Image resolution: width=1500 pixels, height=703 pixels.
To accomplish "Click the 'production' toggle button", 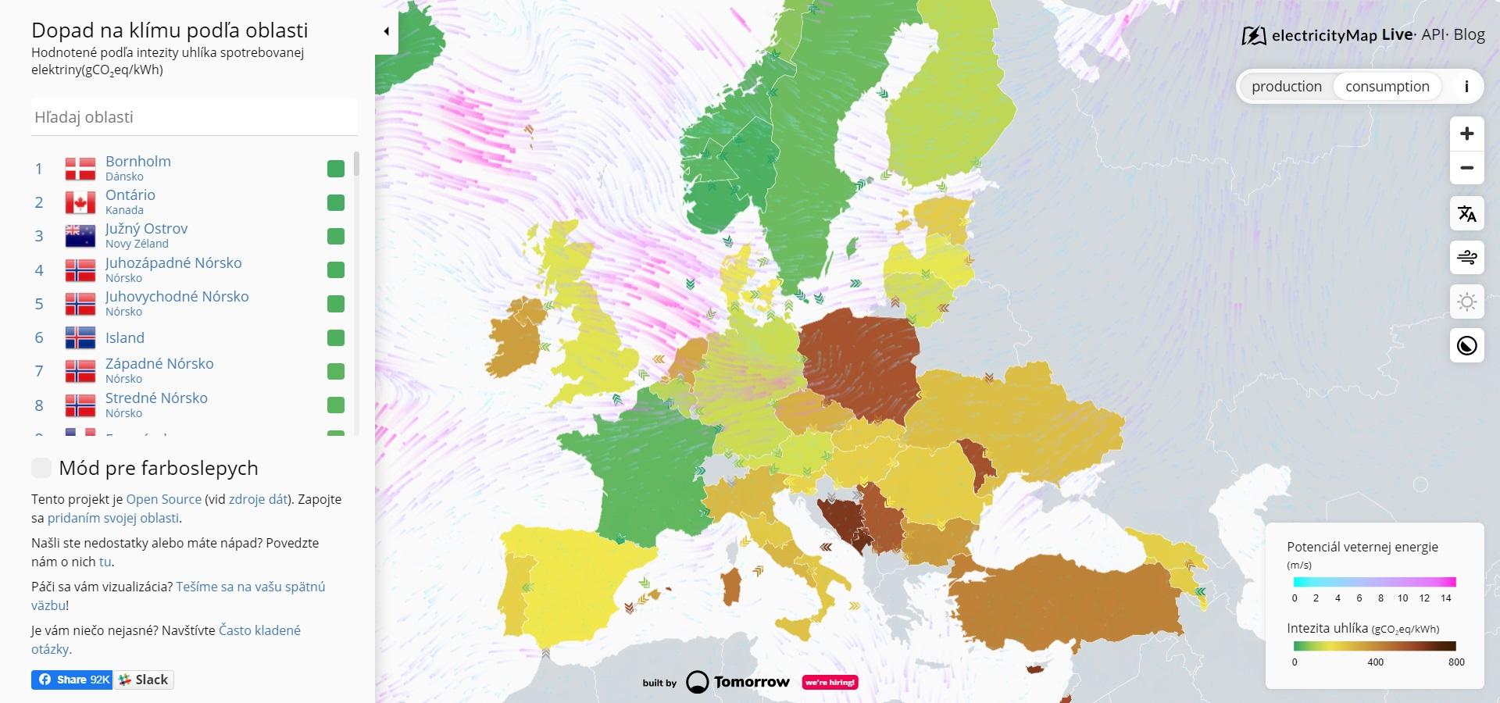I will coord(1286,87).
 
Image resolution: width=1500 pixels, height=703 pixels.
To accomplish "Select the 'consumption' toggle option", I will coord(1387,87).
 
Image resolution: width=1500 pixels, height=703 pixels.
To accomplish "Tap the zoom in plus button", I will coord(1466,134).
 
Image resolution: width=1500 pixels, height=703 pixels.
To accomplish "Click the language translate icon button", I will coord(1466,213).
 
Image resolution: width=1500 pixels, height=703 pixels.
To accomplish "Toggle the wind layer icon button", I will coord(1466,257).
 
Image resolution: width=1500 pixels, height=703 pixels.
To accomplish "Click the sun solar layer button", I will coord(1466,302).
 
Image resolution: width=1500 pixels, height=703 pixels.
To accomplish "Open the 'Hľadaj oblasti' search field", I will coord(194,117).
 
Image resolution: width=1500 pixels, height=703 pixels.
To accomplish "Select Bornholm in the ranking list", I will coord(138,162).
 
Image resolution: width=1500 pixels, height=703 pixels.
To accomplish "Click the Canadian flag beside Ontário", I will coord(80,202).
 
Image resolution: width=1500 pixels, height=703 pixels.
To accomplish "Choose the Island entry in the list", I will coord(125,337).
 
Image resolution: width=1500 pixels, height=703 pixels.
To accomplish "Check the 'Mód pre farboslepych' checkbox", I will coord(41,468).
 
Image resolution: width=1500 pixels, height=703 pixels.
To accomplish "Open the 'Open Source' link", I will coord(163,499).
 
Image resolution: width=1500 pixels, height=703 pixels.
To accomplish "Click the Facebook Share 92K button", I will coord(73,680).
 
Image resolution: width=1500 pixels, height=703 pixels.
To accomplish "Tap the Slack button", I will coord(145,680).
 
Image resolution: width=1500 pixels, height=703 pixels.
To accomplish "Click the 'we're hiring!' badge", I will coord(830,682).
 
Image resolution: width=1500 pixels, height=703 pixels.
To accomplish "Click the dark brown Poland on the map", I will coord(859,363).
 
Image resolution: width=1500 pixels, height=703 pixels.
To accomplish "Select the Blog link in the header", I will coord(1469,34).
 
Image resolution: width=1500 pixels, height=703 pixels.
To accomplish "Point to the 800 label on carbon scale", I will coord(1455,662).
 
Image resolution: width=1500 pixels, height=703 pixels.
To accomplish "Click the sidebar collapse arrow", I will coord(386,31).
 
